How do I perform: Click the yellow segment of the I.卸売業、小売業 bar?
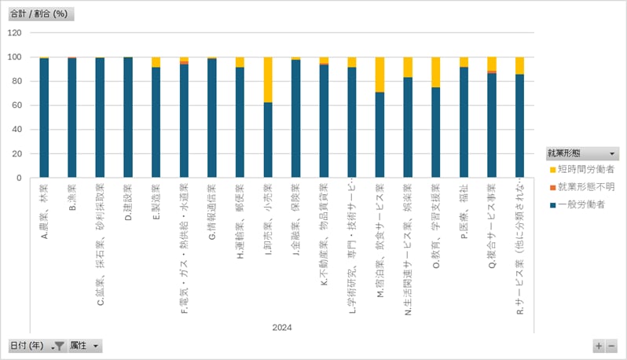(268, 79)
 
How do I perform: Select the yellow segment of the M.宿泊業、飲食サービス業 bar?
(380, 75)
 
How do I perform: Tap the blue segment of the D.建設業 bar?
(128, 118)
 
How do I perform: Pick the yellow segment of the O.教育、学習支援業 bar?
(436, 72)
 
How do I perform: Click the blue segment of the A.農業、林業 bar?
(44, 118)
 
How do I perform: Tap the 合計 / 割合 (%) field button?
(38, 14)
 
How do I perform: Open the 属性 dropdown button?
(85, 346)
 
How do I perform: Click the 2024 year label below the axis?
(282, 326)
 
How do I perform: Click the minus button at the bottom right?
(611, 346)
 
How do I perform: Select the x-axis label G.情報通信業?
(212, 212)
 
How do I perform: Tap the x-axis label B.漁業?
(72, 198)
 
